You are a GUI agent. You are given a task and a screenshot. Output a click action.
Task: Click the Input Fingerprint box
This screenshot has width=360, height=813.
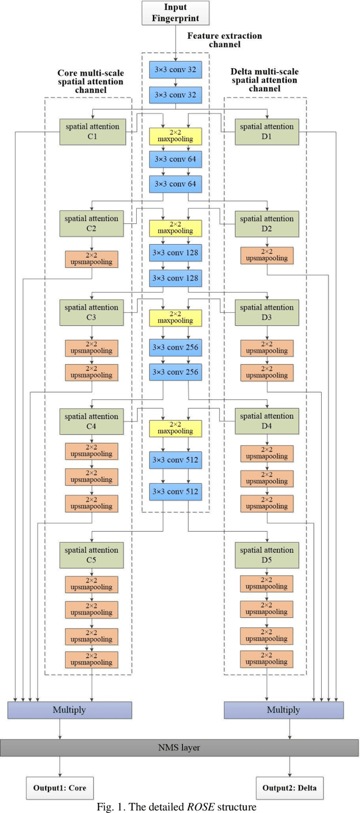(176, 12)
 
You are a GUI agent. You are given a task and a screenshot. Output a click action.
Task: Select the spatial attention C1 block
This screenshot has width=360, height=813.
(92, 131)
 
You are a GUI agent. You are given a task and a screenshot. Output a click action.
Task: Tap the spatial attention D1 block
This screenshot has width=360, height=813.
(267, 131)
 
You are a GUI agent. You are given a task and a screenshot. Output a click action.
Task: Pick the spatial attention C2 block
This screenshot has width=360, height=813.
(92, 223)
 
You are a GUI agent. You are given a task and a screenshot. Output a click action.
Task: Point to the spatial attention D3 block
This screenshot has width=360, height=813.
(267, 312)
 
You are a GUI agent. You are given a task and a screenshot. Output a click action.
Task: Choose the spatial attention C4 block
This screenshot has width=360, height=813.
(92, 421)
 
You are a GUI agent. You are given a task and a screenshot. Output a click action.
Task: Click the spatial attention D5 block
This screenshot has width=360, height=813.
(267, 555)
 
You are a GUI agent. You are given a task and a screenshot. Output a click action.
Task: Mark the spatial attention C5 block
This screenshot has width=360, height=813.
(92, 555)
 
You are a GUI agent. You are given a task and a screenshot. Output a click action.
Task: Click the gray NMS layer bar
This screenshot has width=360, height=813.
(179, 748)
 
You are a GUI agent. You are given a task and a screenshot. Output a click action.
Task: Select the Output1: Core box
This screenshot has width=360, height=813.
(60, 788)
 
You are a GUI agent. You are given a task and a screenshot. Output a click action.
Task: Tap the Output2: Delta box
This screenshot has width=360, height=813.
(290, 788)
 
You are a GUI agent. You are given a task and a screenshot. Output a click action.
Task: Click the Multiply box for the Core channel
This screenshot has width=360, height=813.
(70, 710)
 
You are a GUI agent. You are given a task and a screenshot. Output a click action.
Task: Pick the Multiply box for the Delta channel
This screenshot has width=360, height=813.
(283, 710)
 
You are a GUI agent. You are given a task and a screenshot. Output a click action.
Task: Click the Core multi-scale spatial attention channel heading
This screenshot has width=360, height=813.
(91, 81)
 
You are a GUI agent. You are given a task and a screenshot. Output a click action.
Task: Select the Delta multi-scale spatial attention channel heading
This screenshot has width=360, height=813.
(264, 80)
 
